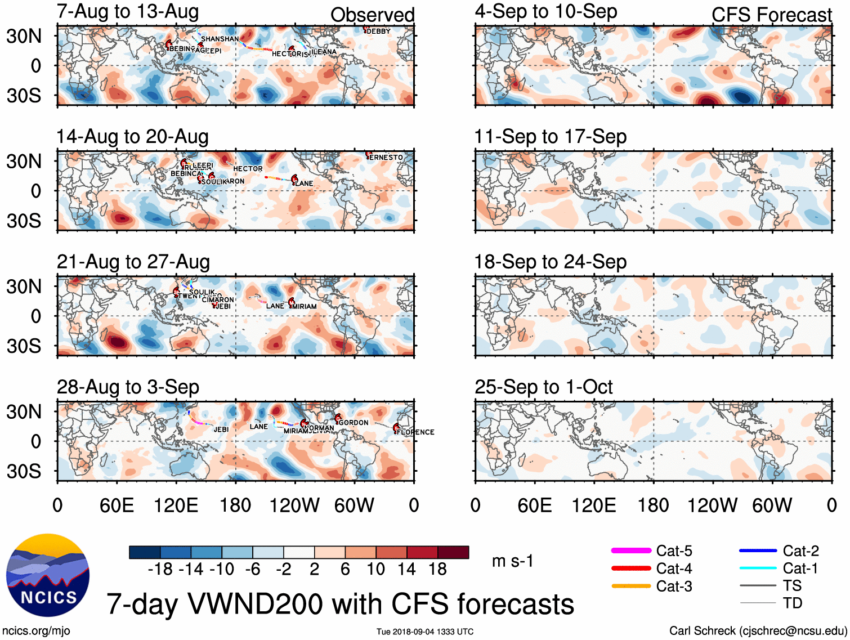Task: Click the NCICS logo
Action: [x=47, y=575]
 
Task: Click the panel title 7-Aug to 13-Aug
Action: [x=128, y=11]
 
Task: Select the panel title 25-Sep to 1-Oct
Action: [x=543, y=387]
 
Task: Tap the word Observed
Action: [x=372, y=15]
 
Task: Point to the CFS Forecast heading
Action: [x=771, y=15]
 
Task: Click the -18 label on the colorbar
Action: [x=160, y=570]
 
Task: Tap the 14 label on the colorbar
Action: [x=406, y=570]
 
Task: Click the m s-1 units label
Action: [x=512, y=561]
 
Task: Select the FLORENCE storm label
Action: [x=415, y=432]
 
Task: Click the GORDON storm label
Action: [x=354, y=423]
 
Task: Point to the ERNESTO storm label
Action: [x=386, y=158]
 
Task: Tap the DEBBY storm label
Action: [x=378, y=32]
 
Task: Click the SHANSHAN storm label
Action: [x=220, y=39]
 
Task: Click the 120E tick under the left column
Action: [x=176, y=505]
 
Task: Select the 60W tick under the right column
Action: [x=772, y=505]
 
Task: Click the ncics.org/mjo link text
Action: [x=36, y=631]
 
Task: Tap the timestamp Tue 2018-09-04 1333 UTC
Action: [x=425, y=632]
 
